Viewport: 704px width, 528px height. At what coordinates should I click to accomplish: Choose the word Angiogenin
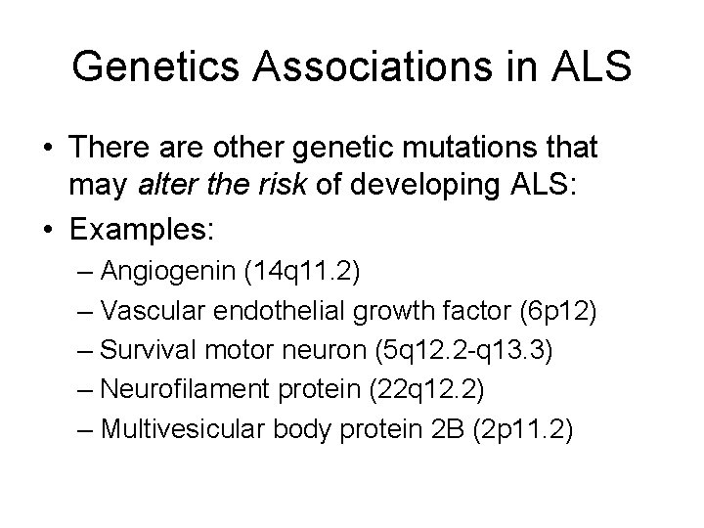pos(173,271)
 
